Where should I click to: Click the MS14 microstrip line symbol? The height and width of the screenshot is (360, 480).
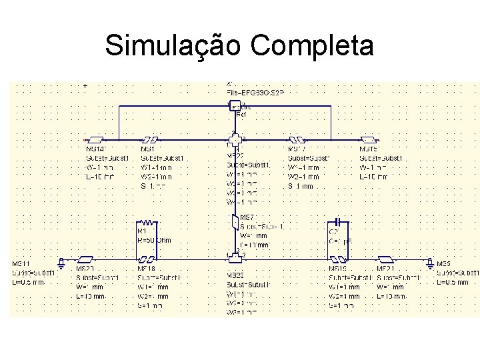(x=95, y=141)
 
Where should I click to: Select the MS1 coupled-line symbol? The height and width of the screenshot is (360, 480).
(x=150, y=141)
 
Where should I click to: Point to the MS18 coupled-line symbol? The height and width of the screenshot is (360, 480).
(x=147, y=259)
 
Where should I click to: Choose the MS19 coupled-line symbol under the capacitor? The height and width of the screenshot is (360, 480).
(x=340, y=259)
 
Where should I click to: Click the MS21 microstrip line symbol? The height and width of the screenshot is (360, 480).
(x=385, y=259)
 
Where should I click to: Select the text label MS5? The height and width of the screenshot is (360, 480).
(x=443, y=264)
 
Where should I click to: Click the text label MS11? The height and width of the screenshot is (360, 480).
(x=21, y=264)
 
